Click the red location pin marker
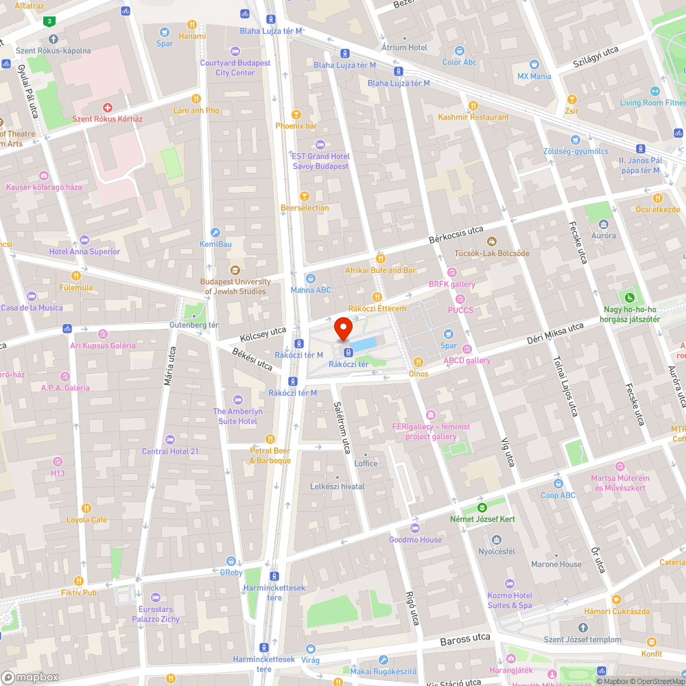click(x=343, y=329)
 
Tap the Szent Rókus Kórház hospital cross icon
click(x=107, y=108)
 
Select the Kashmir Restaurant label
click(x=473, y=117)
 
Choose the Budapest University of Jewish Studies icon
click(x=235, y=270)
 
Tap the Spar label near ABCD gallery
click(x=449, y=346)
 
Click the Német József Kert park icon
click(x=482, y=508)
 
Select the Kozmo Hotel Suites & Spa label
click(x=509, y=600)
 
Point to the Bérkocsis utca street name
click(x=456, y=235)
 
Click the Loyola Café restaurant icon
click(x=86, y=508)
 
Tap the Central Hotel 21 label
click(x=169, y=451)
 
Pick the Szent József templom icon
click(x=582, y=628)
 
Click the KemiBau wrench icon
click(x=215, y=233)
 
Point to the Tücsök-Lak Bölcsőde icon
click(x=492, y=241)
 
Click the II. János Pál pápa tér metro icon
click(x=640, y=149)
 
